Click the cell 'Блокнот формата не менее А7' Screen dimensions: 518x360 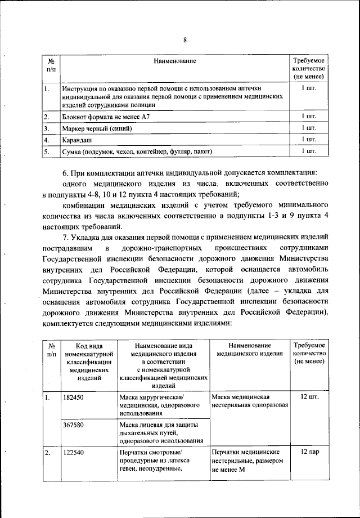pyautogui.click(x=106, y=116)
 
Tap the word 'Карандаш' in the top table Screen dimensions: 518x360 pyautogui.click(x=78, y=139)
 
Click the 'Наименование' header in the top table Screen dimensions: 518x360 pyautogui.click(x=175, y=59)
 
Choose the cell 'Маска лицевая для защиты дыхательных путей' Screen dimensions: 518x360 pyautogui.click(x=163, y=432)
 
